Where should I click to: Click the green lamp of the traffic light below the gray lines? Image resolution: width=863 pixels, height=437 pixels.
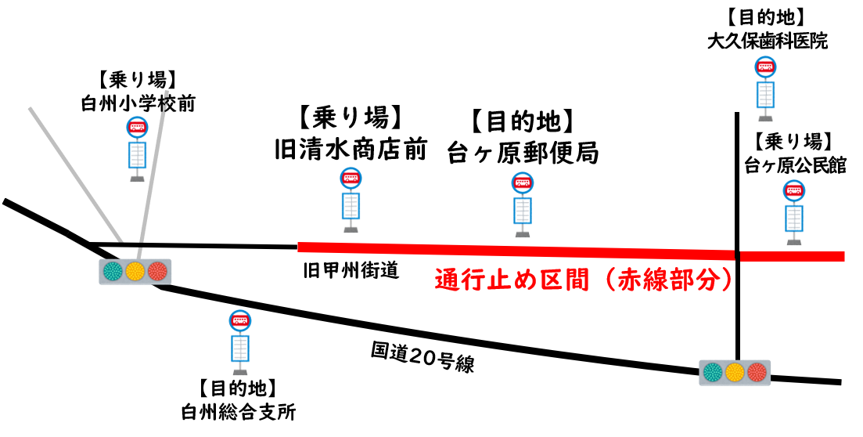[x=113, y=272]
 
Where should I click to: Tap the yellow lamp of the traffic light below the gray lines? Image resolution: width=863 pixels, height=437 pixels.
[x=135, y=272]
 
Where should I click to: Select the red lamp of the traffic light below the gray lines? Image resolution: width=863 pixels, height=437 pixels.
[x=158, y=272]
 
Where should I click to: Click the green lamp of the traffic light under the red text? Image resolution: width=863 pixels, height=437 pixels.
[x=712, y=372]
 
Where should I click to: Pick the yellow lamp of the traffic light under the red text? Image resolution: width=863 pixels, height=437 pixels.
[x=734, y=372]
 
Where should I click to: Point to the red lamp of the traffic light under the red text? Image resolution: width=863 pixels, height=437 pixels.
[x=757, y=372]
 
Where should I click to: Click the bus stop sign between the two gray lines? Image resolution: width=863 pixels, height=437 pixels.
[x=138, y=149]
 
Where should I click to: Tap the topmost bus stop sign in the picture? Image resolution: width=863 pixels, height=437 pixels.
[x=765, y=88]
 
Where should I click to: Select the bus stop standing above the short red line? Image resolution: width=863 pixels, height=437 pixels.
[x=794, y=211]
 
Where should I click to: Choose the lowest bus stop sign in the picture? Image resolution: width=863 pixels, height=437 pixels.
[x=240, y=341]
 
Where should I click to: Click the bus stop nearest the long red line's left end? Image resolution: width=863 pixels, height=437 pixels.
[x=351, y=200]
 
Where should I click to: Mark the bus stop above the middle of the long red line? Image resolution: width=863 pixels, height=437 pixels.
[x=523, y=204]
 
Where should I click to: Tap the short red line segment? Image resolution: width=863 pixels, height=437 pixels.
[x=792, y=256]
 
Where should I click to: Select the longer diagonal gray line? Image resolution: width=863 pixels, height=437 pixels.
[x=75, y=174]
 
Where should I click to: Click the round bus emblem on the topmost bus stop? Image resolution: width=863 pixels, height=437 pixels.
[x=765, y=67]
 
